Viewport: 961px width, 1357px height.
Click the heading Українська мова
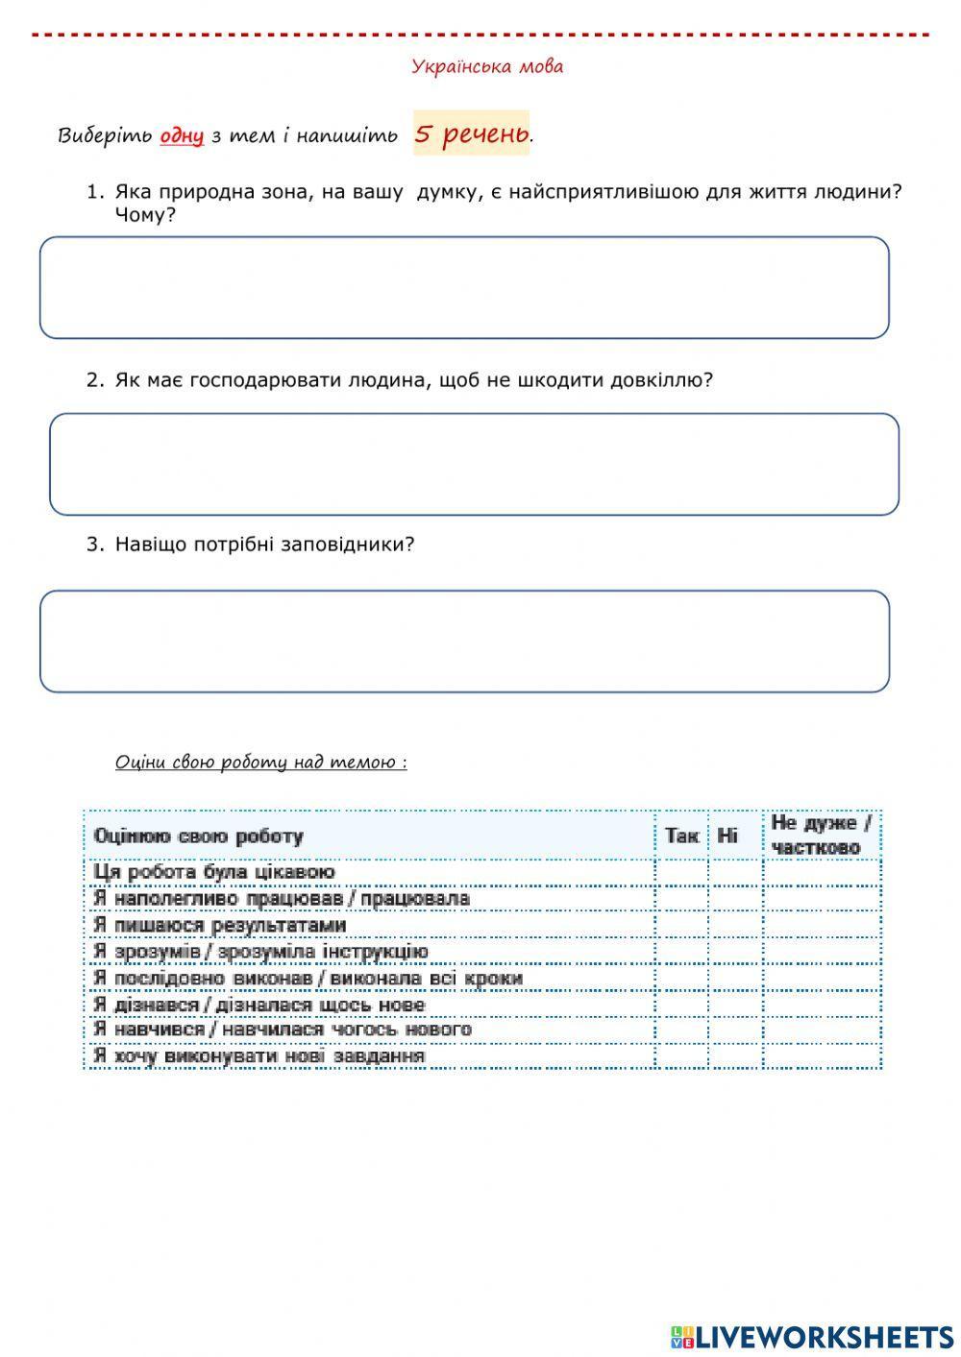pos(487,67)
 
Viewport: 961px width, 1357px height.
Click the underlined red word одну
pos(182,135)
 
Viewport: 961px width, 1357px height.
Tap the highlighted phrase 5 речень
pos(472,133)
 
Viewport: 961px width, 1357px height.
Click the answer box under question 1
pos(464,288)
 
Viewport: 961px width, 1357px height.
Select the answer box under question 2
pos(474,465)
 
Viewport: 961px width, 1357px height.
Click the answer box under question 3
pos(464,642)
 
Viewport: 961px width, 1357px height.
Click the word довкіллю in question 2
pos(662,380)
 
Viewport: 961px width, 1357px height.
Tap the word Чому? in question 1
pos(145,215)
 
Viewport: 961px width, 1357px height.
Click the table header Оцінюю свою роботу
pos(198,836)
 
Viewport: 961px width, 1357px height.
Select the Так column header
pos(681,836)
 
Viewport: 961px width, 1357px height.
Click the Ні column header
pos(727,836)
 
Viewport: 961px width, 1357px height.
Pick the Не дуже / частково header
pos(820,836)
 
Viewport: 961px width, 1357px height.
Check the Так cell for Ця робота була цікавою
pos(681,872)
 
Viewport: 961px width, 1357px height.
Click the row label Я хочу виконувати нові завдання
pos(259,1056)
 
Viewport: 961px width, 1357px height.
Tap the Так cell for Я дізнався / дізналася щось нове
pos(681,1005)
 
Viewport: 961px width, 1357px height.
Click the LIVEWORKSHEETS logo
pos(811,1337)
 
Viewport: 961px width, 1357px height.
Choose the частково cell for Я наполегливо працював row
pos(822,899)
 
